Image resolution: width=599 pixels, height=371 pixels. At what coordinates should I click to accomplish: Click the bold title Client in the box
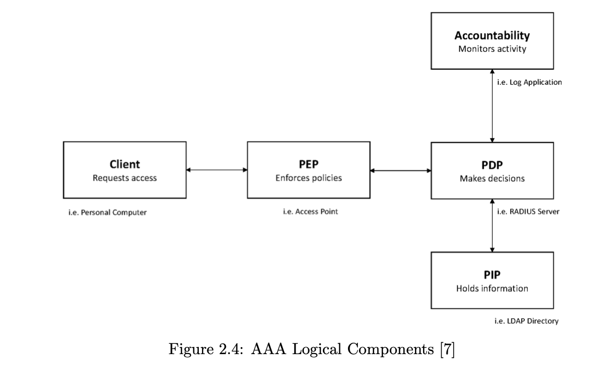(x=125, y=164)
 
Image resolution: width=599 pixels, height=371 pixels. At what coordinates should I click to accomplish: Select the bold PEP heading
(x=308, y=165)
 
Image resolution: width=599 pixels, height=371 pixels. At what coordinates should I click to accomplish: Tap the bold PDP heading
(x=492, y=165)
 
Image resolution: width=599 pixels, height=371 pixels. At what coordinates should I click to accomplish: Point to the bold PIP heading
(x=492, y=275)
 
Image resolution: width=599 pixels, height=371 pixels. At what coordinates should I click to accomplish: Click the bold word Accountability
(x=492, y=35)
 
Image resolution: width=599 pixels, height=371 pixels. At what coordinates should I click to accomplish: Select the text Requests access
(x=125, y=178)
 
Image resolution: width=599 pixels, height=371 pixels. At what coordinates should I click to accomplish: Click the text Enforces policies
(x=308, y=178)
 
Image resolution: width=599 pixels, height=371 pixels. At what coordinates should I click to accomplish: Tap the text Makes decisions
(x=492, y=178)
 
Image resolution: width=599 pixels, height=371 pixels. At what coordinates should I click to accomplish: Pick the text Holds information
(x=492, y=288)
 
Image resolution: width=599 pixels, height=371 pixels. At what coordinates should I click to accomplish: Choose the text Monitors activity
(x=492, y=49)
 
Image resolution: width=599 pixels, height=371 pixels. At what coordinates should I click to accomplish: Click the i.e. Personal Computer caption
(x=107, y=213)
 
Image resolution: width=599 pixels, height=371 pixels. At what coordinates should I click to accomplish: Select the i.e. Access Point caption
(x=310, y=212)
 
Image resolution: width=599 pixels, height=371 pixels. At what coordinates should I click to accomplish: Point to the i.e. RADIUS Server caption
(x=528, y=212)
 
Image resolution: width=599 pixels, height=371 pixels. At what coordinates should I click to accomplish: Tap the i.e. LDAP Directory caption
(x=526, y=321)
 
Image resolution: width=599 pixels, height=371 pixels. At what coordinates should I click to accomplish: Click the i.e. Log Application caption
(x=529, y=83)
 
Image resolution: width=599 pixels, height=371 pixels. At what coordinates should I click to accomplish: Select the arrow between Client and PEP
(x=217, y=170)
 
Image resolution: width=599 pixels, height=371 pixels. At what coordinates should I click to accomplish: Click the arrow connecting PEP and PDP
(x=400, y=171)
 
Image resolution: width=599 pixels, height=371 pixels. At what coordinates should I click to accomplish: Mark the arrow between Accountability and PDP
(x=492, y=106)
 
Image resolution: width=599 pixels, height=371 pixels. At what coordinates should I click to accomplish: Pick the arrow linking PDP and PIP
(x=492, y=225)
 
